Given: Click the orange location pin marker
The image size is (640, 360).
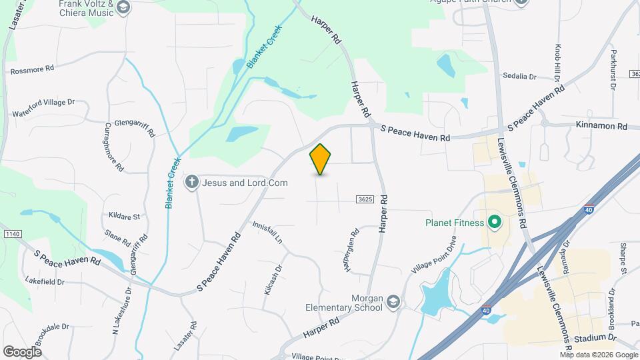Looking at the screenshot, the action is point(321,159).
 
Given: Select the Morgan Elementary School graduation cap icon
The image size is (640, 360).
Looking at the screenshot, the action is point(394,303).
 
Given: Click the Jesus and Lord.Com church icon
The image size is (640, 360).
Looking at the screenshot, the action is point(192,182).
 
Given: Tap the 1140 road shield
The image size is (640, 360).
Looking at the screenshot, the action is point(12,233).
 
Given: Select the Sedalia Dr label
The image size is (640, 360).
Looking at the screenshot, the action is point(519,77).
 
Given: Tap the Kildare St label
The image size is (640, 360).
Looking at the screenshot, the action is point(124,216).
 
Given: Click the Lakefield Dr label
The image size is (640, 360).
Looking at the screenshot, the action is point(45,281).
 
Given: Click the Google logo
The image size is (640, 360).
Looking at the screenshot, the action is point(22,351).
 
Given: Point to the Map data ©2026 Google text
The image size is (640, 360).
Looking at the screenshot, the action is point(598,355).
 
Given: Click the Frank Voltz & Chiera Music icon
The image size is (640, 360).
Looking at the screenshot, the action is point(123,7).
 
